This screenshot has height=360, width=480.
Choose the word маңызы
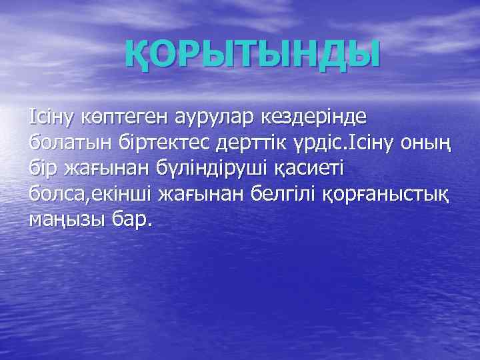[67, 219]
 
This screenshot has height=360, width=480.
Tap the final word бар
[133, 219]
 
